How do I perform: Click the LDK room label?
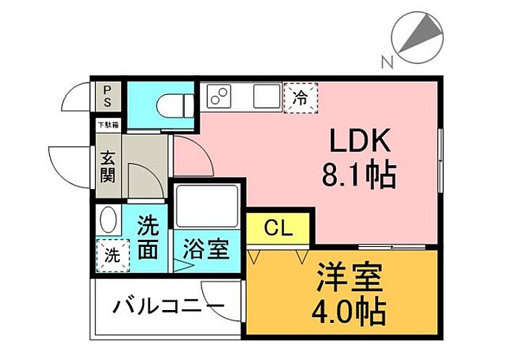coord(361,140)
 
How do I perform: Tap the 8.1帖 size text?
coord(359,174)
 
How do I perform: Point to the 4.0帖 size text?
coord(348,312)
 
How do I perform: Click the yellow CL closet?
coord(278,230)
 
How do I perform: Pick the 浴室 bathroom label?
coord(206,251)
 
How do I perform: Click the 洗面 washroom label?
coord(148,238)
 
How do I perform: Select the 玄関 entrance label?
coord(107,167)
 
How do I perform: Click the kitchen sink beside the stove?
coord(266,96)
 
